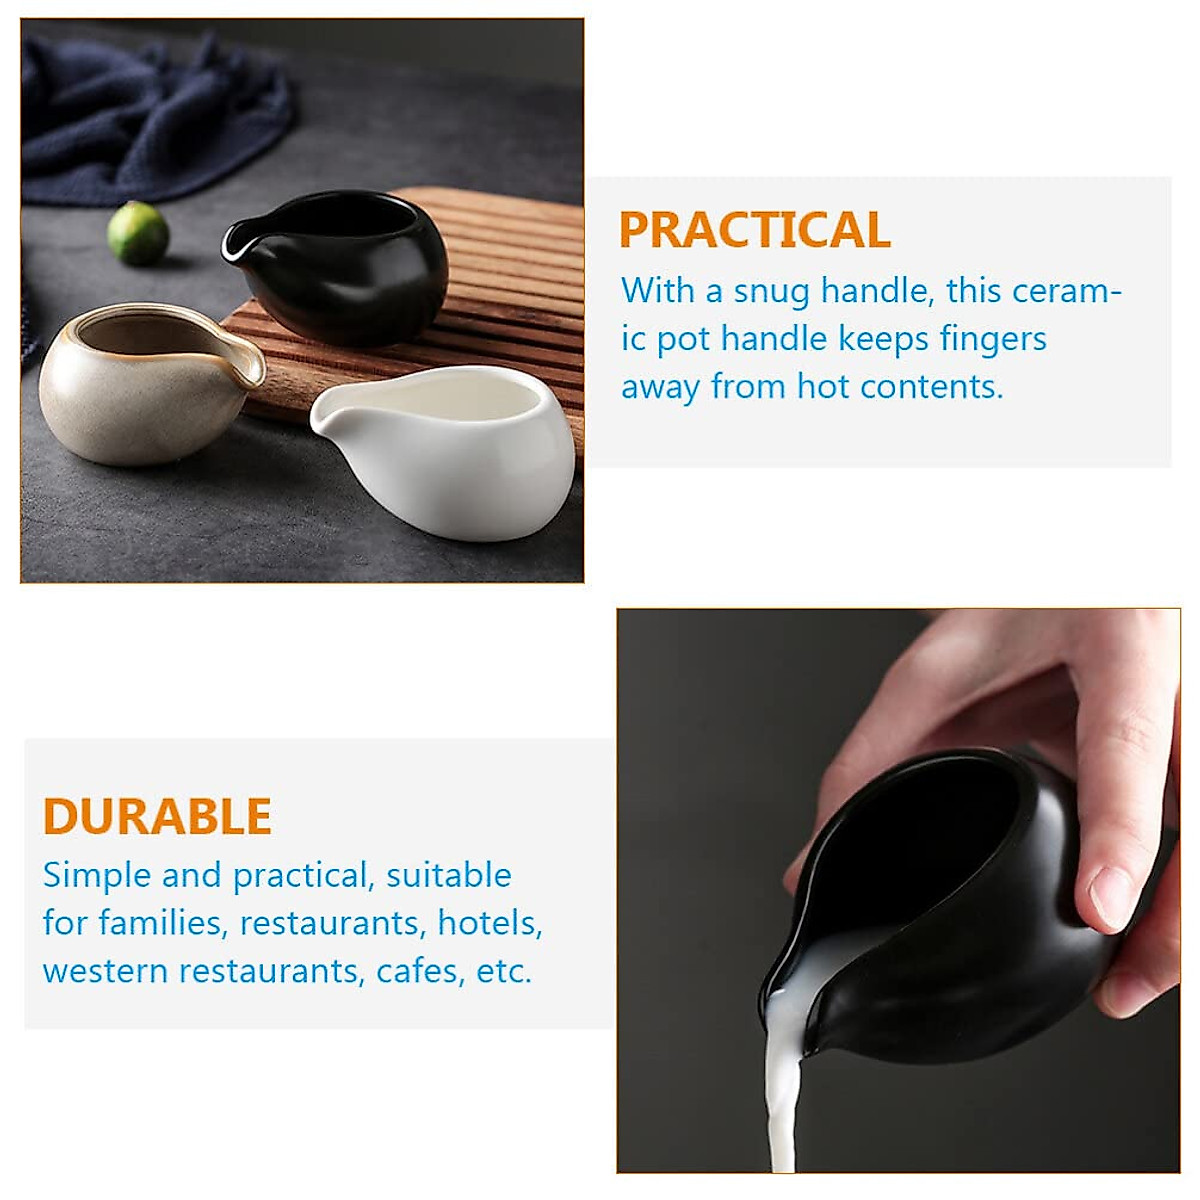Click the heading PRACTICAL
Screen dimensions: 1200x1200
tap(754, 230)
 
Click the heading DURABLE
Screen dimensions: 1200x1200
tap(157, 816)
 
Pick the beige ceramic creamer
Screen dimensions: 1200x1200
tap(145, 385)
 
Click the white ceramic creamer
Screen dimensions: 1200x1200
tap(450, 450)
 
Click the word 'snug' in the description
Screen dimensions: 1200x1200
tap(771, 292)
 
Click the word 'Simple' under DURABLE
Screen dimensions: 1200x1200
tap(97, 876)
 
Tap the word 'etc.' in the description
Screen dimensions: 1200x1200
tap(504, 971)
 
